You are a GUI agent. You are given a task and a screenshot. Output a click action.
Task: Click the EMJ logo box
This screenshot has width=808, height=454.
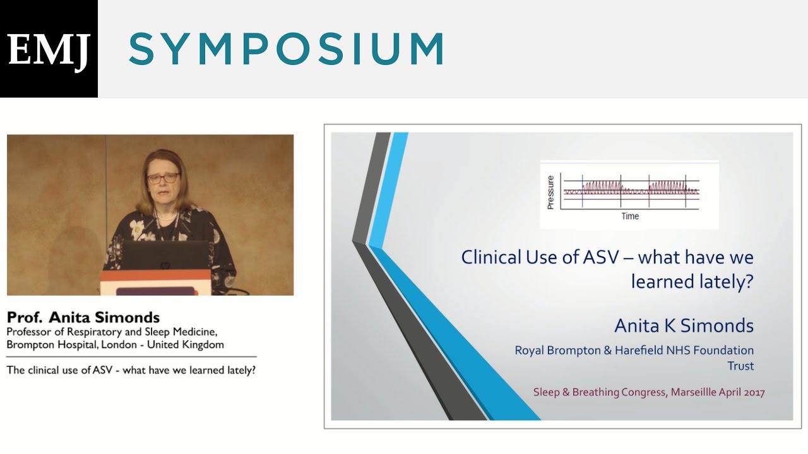(x=49, y=49)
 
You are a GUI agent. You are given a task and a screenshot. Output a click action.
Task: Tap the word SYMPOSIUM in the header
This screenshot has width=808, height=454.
(x=287, y=49)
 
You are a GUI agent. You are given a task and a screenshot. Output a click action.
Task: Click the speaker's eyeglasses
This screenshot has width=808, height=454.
(x=163, y=178)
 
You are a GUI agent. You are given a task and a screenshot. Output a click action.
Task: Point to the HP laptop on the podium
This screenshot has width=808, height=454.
(x=165, y=256)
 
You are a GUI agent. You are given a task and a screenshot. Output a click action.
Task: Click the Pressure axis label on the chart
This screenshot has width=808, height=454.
(x=550, y=193)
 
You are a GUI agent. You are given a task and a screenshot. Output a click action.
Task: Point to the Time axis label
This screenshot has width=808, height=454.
(x=630, y=216)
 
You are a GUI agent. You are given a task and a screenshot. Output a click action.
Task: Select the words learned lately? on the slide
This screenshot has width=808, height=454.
(x=692, y=281)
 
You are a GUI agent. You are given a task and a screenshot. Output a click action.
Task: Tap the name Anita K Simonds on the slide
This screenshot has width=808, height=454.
(x=684, y=325)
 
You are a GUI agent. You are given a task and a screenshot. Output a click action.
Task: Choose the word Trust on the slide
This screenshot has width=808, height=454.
(x=740, y=366)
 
